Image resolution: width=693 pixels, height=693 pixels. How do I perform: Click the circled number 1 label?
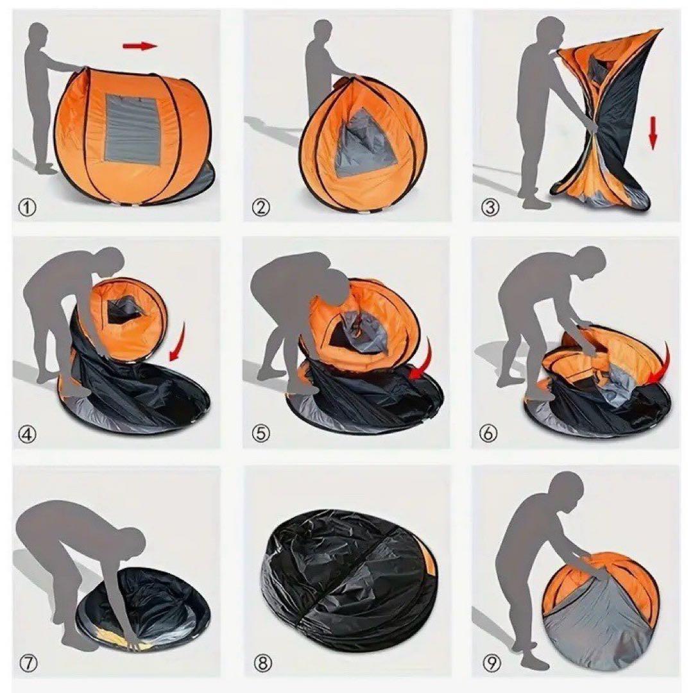pyautogui.click(x=28, y=207)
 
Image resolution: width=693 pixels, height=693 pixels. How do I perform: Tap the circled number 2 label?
pyautogui.click(x=261, y=207)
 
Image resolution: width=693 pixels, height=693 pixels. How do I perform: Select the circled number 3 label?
pyautogui.click(x=489, y=207)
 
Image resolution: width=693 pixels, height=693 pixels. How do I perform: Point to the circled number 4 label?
pyautogui.click(x=28, y=434)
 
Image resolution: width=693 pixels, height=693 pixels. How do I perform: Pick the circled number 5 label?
pyautogui.click(x=261, y=434)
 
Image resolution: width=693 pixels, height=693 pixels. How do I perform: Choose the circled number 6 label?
pyautogui.click(x=488, y=434)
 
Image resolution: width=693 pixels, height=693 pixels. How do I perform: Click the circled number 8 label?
pyautogui.click(x=262, y=663)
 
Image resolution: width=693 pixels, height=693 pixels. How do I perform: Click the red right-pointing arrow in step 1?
pyautogui.click(x=140, y=46)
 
